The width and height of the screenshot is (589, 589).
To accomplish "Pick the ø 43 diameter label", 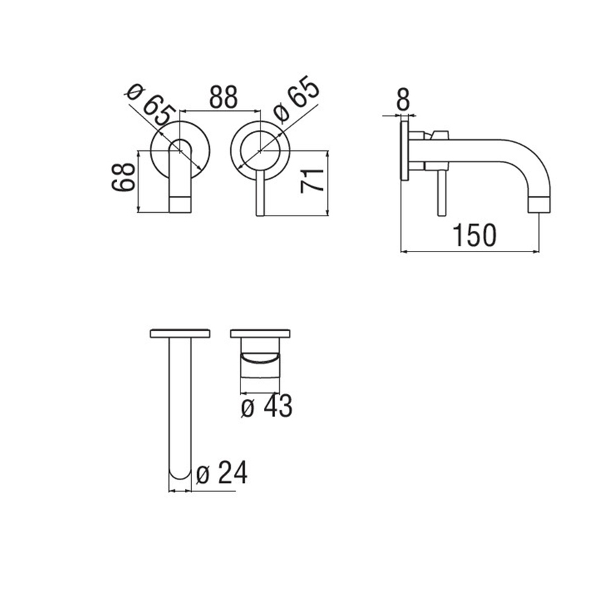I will [x=267, y=407].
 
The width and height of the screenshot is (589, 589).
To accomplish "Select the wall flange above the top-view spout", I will [x=180, y=333].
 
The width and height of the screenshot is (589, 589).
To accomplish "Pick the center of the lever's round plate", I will [x=260, y=149].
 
